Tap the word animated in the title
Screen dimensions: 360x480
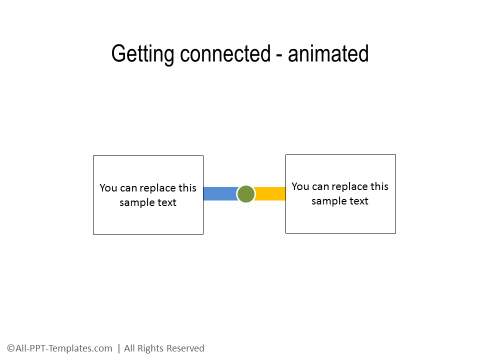coord(327,54)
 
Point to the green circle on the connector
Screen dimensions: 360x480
coord(246,193)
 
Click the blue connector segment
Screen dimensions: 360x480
coord(220,193)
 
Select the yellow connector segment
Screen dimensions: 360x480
coord(270,193)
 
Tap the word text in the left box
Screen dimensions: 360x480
coord(168,202)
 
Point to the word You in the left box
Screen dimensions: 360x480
coord(108,187)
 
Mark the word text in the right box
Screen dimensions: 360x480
coord(359,201)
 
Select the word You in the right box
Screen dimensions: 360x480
coord(300,186)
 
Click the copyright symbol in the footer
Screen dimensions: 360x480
coord(10,348)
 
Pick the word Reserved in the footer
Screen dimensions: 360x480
coord(184,348)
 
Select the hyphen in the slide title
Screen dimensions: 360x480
coord(278,55)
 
